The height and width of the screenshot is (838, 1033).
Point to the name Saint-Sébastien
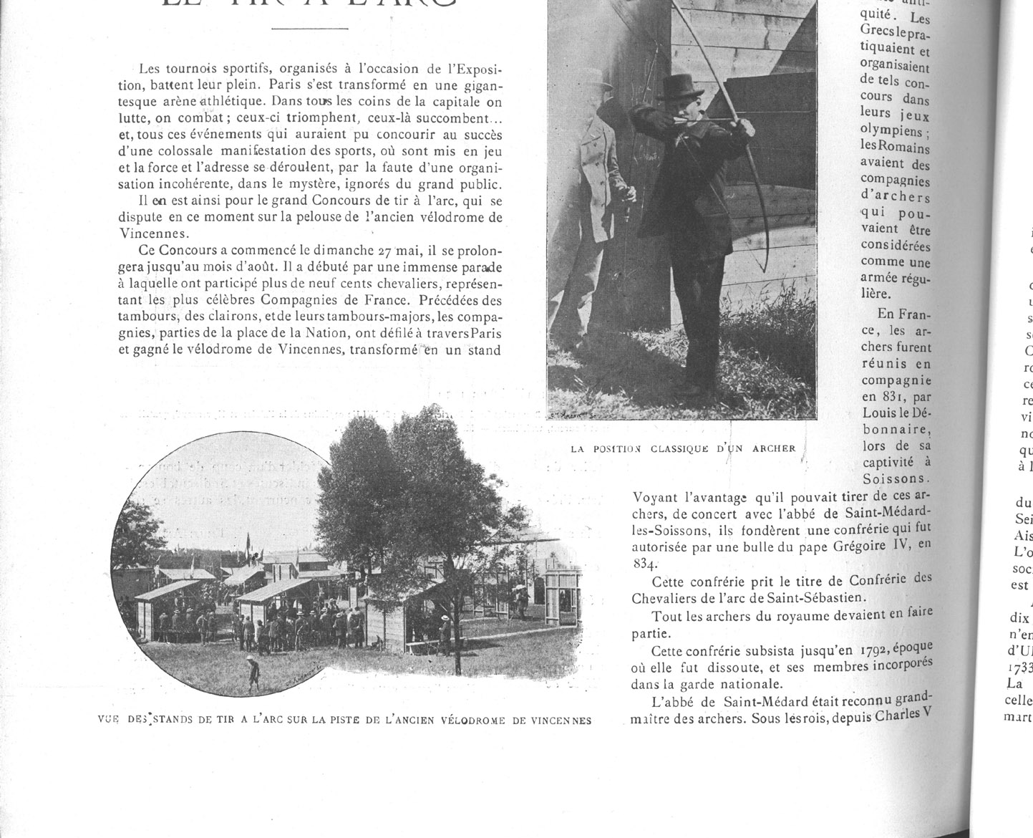(x=802, y=597)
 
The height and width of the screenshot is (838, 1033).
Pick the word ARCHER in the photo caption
(x=773, y=448)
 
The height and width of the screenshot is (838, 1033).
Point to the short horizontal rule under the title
(x=309, y=29)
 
